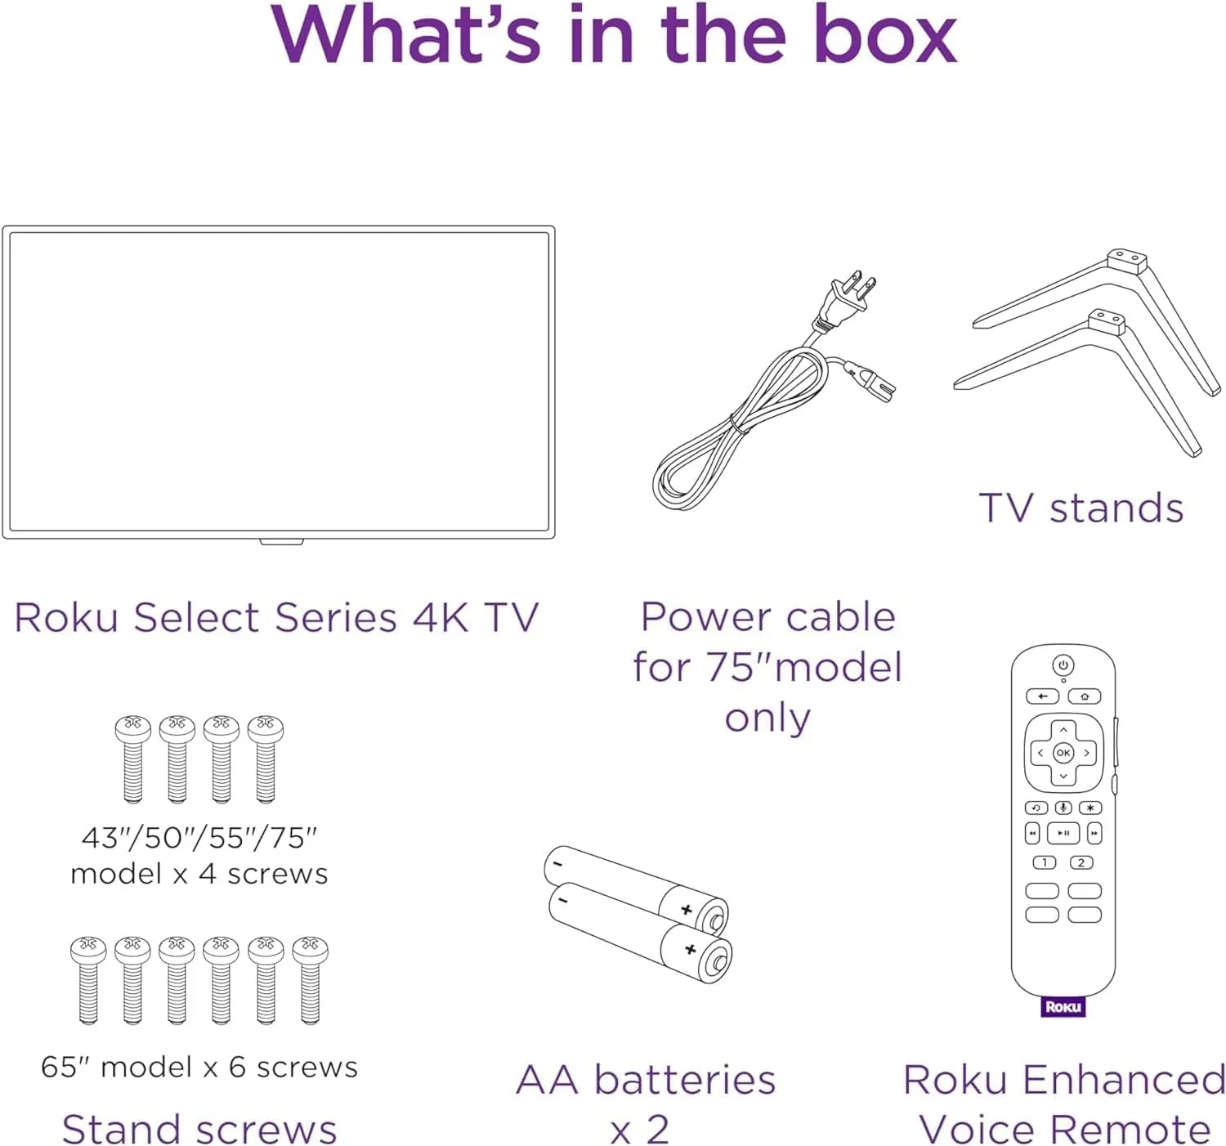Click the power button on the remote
(1063, 665)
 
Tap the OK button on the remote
(1063, 753)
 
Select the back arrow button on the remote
(1042, 696)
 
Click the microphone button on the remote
(1063, 808)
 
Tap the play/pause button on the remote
(1063, 833)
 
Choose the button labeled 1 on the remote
(1045, 862)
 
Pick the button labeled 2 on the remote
(1081, 862)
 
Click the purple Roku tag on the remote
(1063, 1006)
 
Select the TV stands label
(1081, 508)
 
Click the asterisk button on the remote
(1090, 808)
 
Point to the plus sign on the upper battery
(687, 910)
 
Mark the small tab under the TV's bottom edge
(281, 541)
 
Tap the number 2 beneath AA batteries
(657, 1130)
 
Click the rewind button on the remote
(1032, 833)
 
